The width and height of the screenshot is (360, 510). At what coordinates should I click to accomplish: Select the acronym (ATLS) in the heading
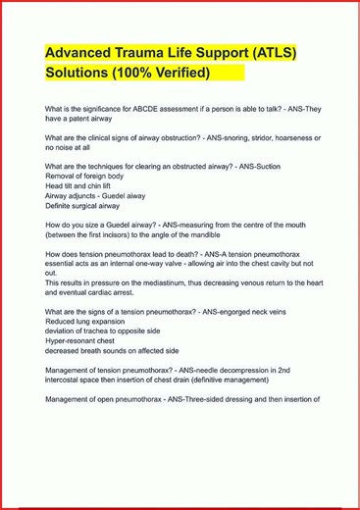tap(270, 52)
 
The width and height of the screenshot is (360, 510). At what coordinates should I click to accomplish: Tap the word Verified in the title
tap(177, 74)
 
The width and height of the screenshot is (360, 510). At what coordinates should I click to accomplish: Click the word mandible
tap(195, 235)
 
